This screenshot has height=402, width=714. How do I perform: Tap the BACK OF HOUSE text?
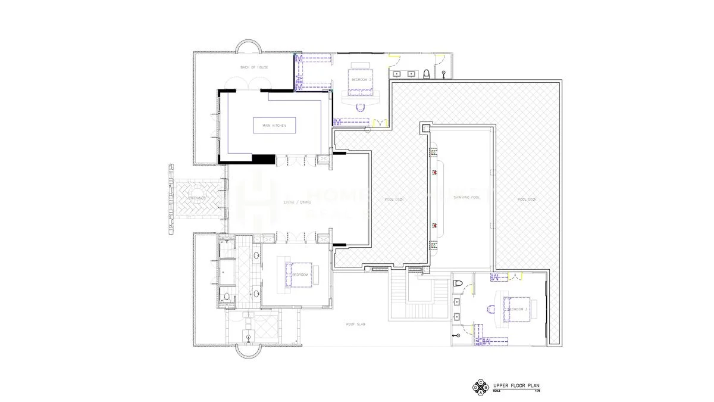[254, 67]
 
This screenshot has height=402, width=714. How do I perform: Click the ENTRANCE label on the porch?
[197, 198]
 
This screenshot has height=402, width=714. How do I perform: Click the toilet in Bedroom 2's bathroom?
[426, 74]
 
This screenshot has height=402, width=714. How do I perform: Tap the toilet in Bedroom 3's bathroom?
[458, 283]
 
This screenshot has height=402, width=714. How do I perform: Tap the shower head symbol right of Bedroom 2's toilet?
[444, 74]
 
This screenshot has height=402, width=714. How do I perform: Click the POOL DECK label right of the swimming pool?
[527, 199]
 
